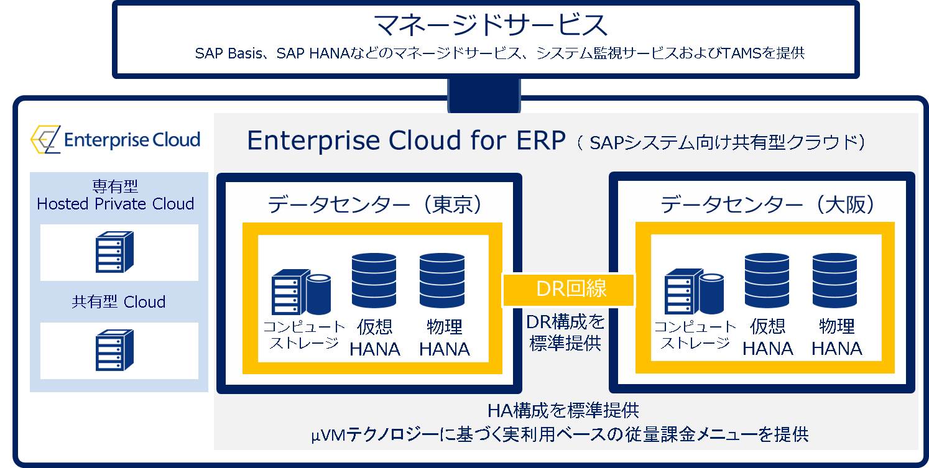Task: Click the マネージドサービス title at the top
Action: point(491,24)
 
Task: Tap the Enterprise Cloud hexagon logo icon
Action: point(45,139)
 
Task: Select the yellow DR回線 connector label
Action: point(568,290)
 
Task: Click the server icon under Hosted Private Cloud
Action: point(114,252)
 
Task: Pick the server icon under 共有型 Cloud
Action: point(114,350)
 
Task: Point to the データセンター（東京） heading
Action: point(374,204)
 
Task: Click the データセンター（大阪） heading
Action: point(767,204)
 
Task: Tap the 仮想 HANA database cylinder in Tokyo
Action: point(374,280)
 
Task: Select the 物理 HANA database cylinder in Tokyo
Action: point(442,280)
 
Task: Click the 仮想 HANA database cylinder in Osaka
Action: point(767,280)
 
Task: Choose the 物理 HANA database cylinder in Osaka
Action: point(835,280)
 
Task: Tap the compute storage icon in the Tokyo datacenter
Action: point(301,292)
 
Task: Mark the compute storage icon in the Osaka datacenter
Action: point(694,291)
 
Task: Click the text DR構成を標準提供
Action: point(565,333)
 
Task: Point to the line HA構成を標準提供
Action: point(563,411)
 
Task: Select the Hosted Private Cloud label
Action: point(115,204)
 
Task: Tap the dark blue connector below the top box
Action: point(484,95)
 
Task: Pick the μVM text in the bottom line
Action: point(328,435)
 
